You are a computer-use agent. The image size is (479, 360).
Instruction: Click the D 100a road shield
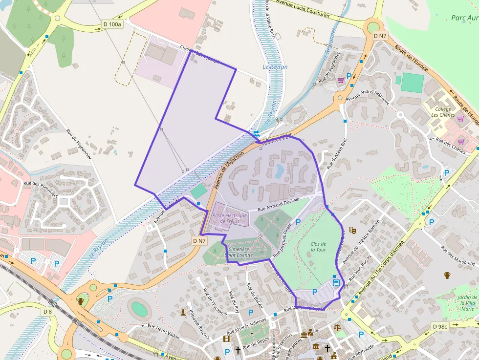tap(112, 24)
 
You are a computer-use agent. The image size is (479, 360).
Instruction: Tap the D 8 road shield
tap(47, 312)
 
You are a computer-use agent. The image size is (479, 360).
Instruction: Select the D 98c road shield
tap(440, 326)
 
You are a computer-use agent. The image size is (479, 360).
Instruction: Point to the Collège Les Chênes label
tap(443, 112)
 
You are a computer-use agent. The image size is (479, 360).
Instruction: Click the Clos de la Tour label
tap(318, 247)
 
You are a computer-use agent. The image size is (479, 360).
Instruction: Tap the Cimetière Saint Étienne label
tap(239, 252)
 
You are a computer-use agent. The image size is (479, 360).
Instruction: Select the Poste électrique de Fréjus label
tap(229, 218)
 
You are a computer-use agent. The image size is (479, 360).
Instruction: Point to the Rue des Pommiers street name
tap(41, 189)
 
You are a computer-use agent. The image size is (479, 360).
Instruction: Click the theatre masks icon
tap(352, 230)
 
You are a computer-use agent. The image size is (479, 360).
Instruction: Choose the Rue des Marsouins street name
tap(457, 255)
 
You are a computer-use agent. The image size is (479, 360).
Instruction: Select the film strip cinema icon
tap(227, 338)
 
